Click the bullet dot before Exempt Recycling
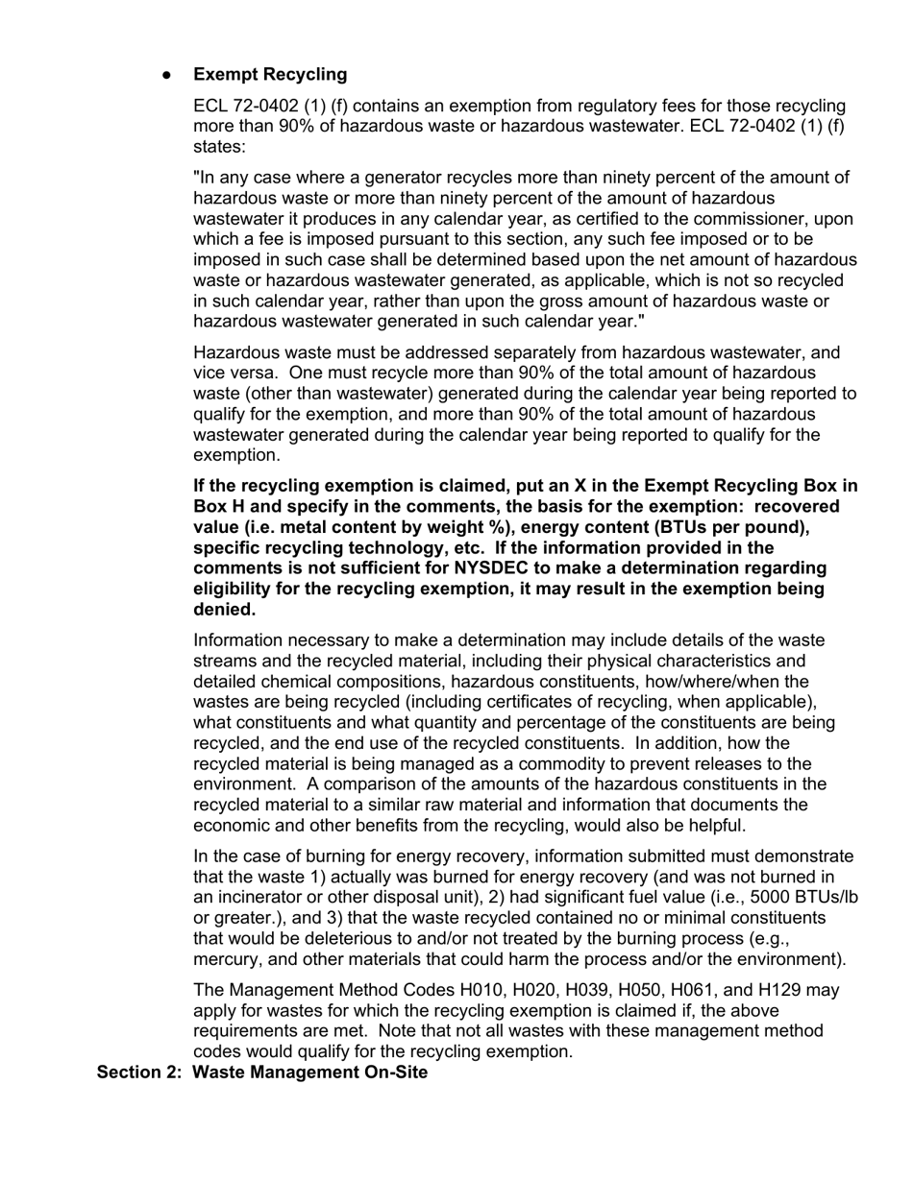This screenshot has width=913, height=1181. [x=167, y=76]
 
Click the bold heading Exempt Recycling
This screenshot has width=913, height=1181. [x=270, y=75]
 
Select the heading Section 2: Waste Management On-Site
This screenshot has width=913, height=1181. [x=262, y=1072]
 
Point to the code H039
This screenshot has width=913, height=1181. [x=618, y=990]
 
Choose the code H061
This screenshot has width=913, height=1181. [x=730, y=990]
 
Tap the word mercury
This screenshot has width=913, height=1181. [x=227, y=959]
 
